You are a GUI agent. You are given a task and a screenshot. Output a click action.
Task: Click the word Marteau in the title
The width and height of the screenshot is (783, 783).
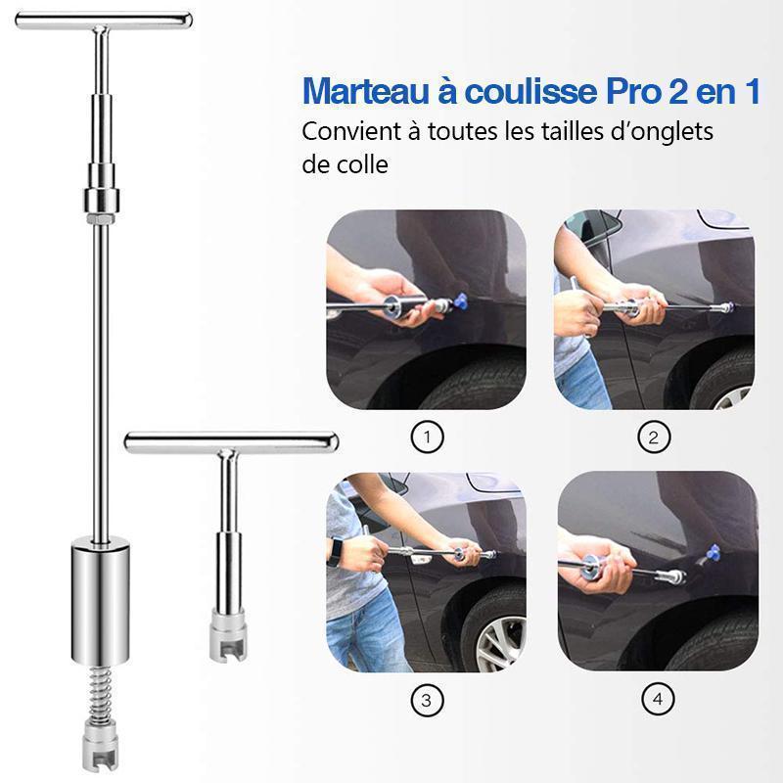365,91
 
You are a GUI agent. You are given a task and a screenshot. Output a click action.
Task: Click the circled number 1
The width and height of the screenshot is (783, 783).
427,438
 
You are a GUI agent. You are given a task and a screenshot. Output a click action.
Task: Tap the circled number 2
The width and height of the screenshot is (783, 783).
654,438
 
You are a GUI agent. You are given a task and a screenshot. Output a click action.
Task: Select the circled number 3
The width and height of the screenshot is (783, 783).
427,700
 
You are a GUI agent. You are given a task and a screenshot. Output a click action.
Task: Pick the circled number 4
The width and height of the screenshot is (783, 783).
658,699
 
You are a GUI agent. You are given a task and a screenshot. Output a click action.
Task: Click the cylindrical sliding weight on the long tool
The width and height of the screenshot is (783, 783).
101,601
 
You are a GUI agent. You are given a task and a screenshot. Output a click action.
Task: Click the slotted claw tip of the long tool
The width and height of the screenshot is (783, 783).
101,745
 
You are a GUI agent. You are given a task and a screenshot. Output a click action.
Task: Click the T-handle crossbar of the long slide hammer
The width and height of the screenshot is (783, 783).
104,20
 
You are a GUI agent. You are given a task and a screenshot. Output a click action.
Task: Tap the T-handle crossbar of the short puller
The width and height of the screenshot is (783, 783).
231,442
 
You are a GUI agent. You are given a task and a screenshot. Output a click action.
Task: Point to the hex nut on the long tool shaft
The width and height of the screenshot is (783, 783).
101,218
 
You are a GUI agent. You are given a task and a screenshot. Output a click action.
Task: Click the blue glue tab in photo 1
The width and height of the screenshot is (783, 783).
460,300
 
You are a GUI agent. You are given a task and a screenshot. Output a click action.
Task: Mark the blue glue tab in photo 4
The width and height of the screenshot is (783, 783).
714,553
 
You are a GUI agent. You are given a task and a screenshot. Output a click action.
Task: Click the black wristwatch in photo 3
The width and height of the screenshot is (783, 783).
334,552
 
